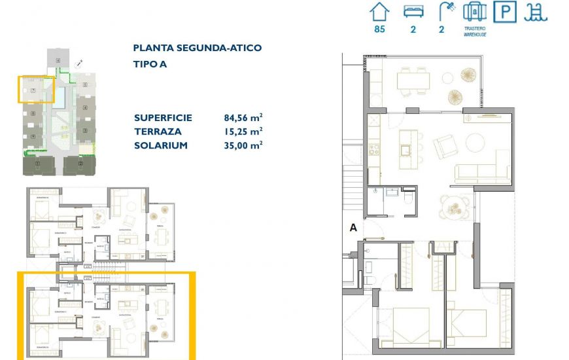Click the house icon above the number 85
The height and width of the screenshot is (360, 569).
click(x=379, y=11)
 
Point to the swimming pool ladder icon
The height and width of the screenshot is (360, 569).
click(x=538, y=12)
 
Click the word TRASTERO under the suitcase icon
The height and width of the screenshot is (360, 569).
click(x=474, y=29)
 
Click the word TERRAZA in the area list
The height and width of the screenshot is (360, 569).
click(x=156, y=132)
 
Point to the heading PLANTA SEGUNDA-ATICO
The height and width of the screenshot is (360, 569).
click(x=197, y=48)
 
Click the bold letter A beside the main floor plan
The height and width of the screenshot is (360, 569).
click(x=353, y=228)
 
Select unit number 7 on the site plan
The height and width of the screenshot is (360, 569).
click(x=33, y=90)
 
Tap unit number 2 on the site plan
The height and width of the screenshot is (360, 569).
click(x=80, y=163)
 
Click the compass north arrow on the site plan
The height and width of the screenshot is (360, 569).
click(x=78, y=63)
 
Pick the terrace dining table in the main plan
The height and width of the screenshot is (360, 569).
click(x=413, y=81)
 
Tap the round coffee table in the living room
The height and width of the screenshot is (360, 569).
click(x=475, y=142)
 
